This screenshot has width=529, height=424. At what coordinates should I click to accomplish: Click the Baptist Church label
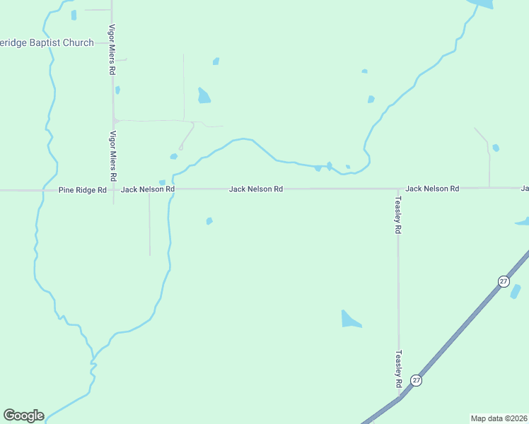(x=47, y=43)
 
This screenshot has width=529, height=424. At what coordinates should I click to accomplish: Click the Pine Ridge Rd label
(x=82, y=190)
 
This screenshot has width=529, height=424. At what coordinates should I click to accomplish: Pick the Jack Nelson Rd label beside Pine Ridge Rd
(x=147, y=190)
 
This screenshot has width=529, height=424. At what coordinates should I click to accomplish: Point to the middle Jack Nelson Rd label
(x=255, y=189)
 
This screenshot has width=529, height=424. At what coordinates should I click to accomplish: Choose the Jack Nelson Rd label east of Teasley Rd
(x=432, y=189)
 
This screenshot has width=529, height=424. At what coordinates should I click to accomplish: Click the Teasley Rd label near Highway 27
(x=398, y=369)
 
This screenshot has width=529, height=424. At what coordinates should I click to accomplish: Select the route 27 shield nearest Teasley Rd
(x=417, y=380)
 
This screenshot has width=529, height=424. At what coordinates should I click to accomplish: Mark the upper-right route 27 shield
(x=503, y=281)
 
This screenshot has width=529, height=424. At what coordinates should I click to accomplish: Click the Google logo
(x=23, y=416)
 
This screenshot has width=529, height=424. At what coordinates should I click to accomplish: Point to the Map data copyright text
(x=499, y=418)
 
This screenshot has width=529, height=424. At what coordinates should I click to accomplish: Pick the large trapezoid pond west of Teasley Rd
(x=350, y=319)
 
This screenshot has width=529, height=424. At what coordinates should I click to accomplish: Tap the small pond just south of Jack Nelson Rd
(x=209, y=221)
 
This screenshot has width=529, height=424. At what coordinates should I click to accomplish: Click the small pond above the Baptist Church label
(x=74, y=15)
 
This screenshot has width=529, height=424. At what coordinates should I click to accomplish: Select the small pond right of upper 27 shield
(x=516, y=291)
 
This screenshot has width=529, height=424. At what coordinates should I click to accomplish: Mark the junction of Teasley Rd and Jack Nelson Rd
(x=397, y=189)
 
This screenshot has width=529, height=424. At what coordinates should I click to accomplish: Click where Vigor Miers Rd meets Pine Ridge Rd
(x=113, y=190)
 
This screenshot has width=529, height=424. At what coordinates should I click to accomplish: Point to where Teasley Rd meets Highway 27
(x=400, y=396)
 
